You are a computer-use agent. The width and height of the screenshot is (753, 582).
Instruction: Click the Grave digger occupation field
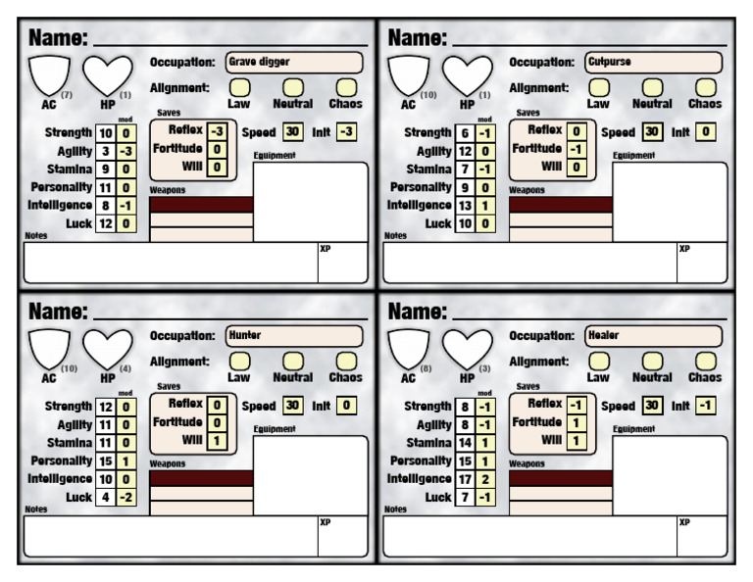(x=293, y=62)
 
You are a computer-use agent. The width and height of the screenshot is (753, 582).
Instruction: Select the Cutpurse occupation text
(x=610, y=62)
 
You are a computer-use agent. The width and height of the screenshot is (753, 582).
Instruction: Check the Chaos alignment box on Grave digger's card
(x=346, y=87)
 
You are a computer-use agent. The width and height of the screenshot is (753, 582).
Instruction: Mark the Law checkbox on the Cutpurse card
(x=598, y=87)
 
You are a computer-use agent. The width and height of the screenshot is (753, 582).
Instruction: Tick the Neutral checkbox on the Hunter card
(x=292, y=362)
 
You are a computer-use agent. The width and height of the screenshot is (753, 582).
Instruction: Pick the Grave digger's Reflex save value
(x=220, y=130)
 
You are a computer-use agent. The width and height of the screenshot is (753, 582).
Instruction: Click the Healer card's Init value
(x=706, y=405)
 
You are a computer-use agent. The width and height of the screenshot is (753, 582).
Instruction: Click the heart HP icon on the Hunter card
(x=107, y=349)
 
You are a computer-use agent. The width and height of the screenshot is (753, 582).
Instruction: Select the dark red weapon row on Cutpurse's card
(x=561, y=205)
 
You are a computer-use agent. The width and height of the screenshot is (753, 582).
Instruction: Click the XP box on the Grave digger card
(x=341, y=263)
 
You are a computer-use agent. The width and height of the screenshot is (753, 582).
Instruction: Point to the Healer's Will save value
(x=578, y=441)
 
